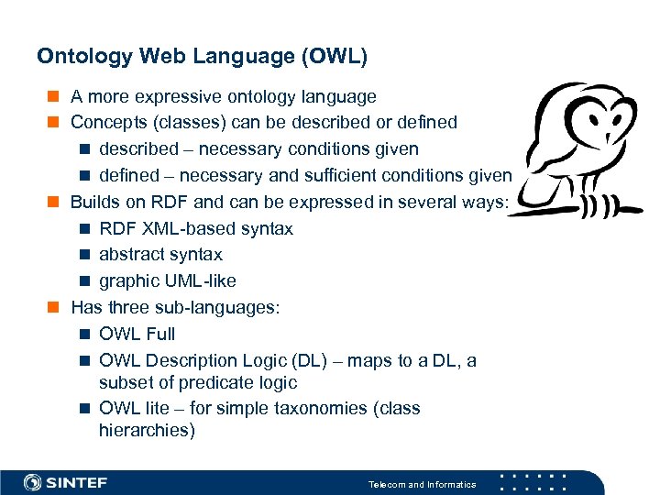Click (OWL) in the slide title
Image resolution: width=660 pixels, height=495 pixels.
click(x=335, y=57)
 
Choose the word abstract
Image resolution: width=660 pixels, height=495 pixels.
click(x=129, y=254)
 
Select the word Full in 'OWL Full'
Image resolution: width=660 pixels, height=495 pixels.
click(x=159, y=334)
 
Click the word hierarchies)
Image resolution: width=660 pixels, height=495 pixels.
click(x=147, y=430)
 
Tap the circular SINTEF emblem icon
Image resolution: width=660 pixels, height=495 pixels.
click(x=33, y=482)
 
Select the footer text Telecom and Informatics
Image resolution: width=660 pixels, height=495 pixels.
click(x=422, y=484)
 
